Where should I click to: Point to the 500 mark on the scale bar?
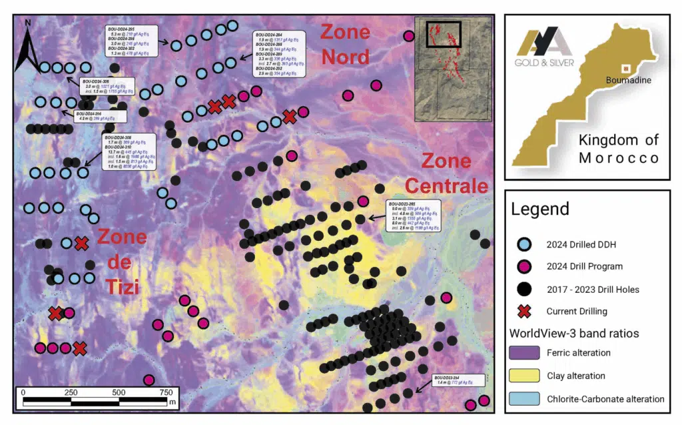point(119,392)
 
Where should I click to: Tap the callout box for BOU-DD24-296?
point(100,117)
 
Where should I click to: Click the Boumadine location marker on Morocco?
point(625,68)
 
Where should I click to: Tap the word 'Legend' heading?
point(540,209)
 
